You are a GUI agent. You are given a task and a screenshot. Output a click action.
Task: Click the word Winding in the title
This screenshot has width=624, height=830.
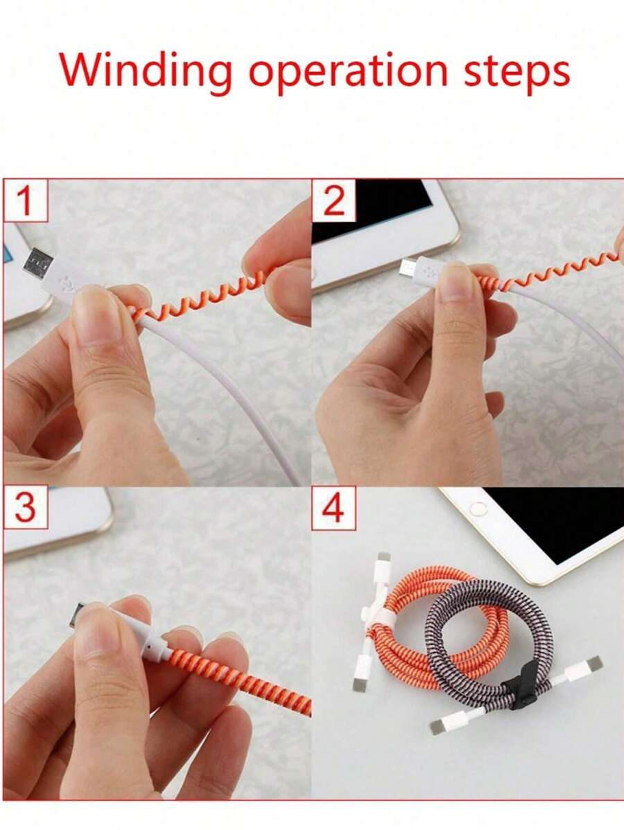tap(146, 71)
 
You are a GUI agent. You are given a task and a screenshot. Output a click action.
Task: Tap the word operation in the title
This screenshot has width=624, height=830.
tap(349, 74)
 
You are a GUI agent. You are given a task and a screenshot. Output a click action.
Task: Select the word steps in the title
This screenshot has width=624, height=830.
tap(517, 74)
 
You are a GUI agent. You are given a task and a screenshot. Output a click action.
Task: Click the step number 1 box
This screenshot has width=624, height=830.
tap(26, 200)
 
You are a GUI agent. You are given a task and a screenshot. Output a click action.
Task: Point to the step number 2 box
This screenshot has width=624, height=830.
tap(333, 200)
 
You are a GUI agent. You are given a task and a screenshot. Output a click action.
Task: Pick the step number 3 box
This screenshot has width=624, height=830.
tap(26, 508)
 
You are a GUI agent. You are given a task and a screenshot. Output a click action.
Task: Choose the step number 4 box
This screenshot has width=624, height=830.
tap(333, 508)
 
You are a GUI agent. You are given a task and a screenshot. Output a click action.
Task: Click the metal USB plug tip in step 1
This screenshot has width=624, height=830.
tap(37, 263)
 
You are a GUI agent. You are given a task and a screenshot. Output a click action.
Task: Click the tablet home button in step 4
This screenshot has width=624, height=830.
tap(478, 509)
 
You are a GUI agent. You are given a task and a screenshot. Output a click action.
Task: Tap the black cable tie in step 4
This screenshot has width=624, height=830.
tap(519, 689)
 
